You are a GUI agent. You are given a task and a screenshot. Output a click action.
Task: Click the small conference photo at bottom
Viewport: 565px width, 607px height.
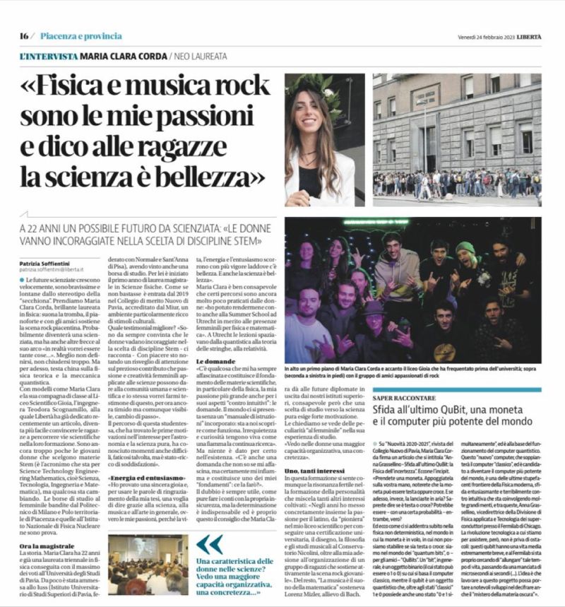click(148, 562)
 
